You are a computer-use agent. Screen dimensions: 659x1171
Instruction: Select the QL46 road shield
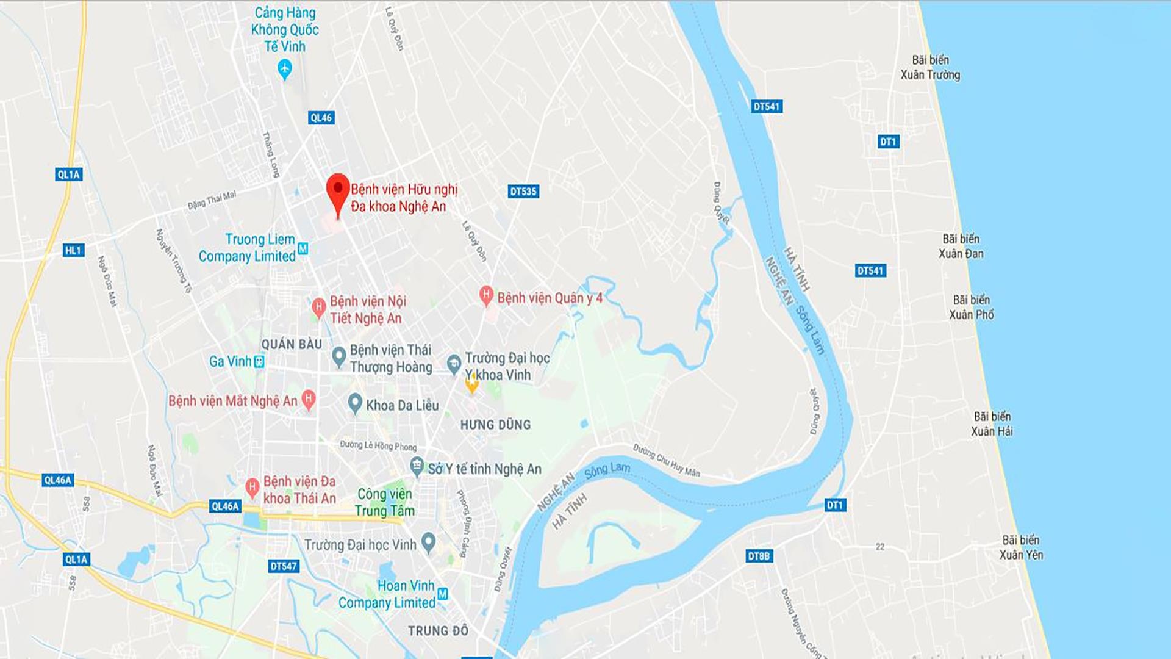coord(321,118)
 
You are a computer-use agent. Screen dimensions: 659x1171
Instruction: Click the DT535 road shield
coord(523,192)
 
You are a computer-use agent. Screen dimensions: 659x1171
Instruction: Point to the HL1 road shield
coord(73,250)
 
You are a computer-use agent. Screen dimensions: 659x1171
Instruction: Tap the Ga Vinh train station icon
coord(259,361)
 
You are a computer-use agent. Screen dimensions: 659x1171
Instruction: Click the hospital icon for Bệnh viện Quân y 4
coord(485,296)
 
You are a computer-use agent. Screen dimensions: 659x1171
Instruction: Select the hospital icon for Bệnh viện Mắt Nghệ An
coord(309,399)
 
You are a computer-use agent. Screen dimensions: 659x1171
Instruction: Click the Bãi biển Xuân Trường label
coord(930,67)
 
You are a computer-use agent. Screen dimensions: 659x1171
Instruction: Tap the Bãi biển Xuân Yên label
coord(1021,547)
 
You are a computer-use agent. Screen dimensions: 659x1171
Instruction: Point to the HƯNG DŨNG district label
coord(495,425)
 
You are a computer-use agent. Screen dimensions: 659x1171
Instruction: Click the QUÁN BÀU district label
coord(292,345)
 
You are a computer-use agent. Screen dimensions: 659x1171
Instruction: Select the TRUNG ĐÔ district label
coord(438,631)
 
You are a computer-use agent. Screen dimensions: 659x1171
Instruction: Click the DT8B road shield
coord(759,556)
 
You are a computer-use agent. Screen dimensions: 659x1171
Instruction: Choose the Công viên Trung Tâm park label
coord(384,502)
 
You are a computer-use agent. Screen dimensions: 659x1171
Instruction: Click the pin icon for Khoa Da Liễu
coord(355,403)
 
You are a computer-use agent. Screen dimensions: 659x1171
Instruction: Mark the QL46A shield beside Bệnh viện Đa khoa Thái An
coord(225,506)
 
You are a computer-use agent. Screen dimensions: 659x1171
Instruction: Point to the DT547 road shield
coord(284,566)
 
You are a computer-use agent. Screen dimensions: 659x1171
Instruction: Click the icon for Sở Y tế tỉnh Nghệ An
coord(417,467)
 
